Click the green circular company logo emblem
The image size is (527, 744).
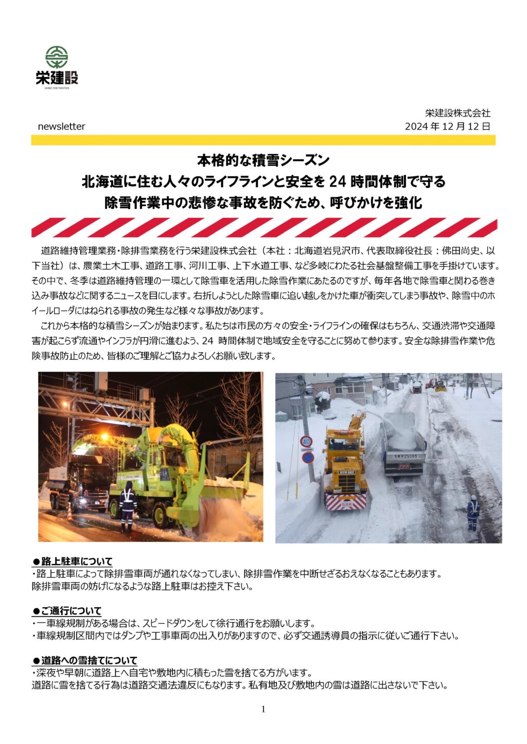click(57, 57)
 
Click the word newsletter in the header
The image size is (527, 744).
click(61, 126)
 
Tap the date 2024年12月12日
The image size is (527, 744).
click(447, 126)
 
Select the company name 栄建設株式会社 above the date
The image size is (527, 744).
click(458, 113)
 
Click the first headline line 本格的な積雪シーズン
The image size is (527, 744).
click(263, 161)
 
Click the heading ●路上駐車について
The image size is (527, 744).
click(73, 561)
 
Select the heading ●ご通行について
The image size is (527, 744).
click(67, 611)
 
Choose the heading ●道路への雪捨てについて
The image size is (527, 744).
click(85, 660)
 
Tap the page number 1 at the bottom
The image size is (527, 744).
click(263, 710)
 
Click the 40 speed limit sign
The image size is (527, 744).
click(306, 441)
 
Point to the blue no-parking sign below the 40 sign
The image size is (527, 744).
click(308, 458)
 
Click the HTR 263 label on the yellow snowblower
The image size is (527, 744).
click(346, 472)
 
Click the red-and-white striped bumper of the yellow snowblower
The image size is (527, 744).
click(346, 501)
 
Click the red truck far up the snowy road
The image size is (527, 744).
click(417, 387)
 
